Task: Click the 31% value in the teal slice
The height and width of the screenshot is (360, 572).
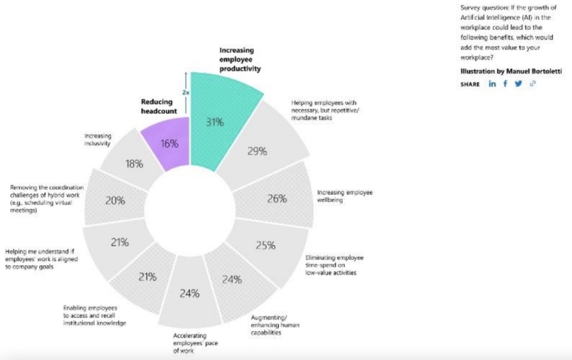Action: click(215, 122)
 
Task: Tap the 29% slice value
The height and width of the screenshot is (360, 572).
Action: click(256, 150)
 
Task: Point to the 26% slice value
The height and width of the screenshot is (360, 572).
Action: click(276, 198)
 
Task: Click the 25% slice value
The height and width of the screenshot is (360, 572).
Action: click(265, 246)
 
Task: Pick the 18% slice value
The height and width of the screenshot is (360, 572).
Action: click(134, 163)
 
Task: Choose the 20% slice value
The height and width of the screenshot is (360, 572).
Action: click(115, 200)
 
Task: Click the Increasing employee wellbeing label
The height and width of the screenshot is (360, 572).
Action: click(345, 196)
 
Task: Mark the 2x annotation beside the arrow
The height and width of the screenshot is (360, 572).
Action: click(186, 92)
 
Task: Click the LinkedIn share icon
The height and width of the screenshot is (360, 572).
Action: click(492, 84)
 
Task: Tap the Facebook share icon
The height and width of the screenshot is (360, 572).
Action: click(505, 84)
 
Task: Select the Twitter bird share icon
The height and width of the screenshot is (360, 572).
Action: click(518, 84)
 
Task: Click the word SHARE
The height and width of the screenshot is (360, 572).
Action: click(470, 84)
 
